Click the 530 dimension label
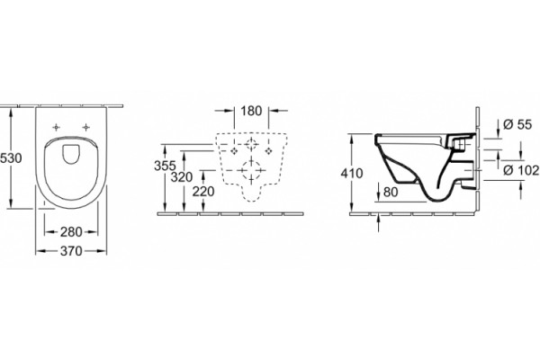[11, 158]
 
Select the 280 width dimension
[71, 232]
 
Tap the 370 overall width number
[71, 251]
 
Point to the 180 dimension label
[251, 111]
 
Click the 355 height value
[165, 166]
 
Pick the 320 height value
[182, 177]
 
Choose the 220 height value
[203, 191]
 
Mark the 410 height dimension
[352, 174]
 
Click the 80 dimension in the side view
[391, 192]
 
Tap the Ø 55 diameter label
[517, 124]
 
